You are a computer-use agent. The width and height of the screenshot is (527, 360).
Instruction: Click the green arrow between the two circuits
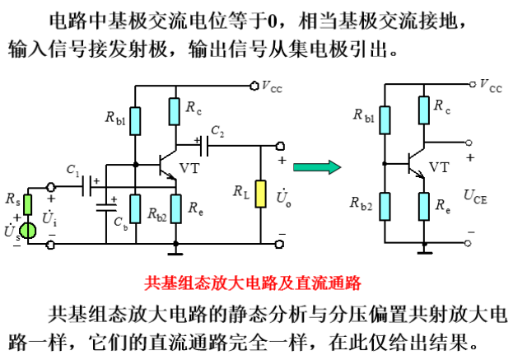pyautogui.click(x=316, y=167)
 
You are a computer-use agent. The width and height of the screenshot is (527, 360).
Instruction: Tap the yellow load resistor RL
pyautogui.click(x=260, y=194)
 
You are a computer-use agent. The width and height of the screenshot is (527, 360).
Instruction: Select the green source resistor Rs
pyautogui.click(x=27, y=202)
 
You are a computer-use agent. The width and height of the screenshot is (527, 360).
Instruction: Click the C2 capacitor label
pyautogui.click(x=217, y=130)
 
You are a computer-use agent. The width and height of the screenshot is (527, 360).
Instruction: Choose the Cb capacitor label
pyautogui.click(x=120, y=222)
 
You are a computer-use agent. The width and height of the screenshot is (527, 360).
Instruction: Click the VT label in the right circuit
pyautogui.click(x=440, y=167)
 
